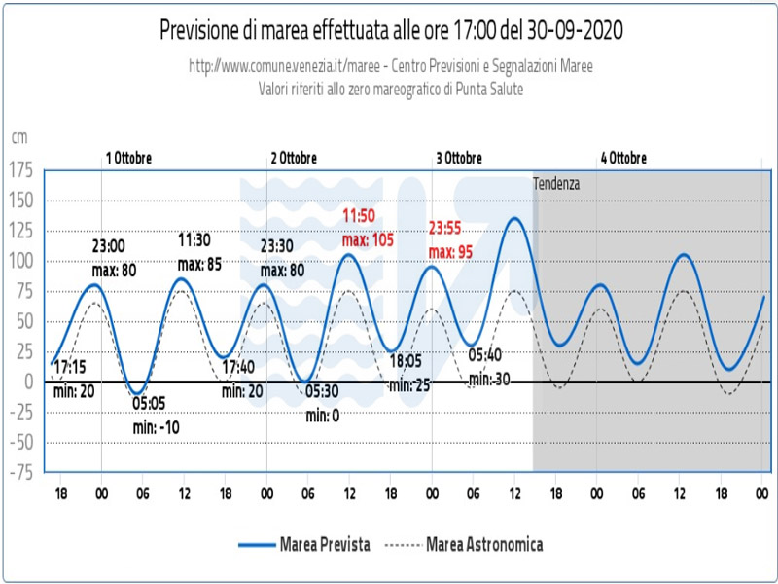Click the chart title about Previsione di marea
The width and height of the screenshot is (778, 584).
[391, 30]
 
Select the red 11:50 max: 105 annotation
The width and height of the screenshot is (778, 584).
[367, 228]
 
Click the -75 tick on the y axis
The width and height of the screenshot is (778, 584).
[21, 471]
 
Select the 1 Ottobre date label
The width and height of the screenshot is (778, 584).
[128, 158]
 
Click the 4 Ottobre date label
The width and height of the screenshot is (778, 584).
[623, 158]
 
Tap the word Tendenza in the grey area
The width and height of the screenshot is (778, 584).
[555, 183]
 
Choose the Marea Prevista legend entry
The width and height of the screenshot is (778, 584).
[304, 544]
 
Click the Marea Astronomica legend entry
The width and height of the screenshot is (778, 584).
[464, 544]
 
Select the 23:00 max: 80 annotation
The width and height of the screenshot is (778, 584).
[113, 259]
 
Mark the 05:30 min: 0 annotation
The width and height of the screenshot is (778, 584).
[321, 403]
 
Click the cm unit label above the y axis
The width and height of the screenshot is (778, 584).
[18, 138]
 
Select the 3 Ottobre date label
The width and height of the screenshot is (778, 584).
[459, 158]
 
